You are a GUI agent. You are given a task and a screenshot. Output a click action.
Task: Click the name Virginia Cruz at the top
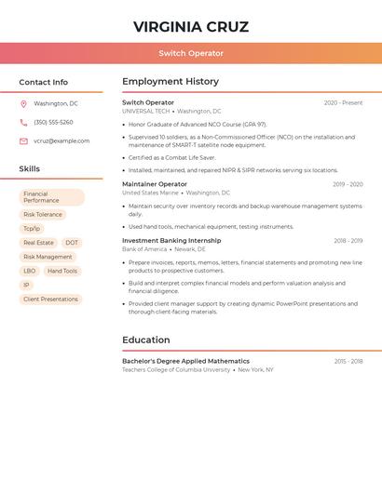191,26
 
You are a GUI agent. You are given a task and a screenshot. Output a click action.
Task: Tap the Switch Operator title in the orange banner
191,54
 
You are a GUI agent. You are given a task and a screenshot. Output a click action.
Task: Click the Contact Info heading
43,82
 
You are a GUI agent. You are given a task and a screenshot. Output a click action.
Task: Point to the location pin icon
23,104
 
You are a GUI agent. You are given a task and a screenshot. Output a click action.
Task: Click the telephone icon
23,123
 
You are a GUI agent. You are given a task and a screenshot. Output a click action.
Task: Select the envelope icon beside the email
23,141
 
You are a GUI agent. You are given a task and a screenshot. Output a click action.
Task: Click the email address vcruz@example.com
61,141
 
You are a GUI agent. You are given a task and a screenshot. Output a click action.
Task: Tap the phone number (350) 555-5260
53,123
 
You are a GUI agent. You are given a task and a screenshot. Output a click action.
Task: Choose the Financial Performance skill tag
51,197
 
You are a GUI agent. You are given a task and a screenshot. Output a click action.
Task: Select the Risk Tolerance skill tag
43,215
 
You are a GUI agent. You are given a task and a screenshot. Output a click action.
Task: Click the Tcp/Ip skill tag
32,229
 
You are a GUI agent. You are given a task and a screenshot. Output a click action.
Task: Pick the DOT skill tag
72,243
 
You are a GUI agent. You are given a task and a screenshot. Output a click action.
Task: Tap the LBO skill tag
30,271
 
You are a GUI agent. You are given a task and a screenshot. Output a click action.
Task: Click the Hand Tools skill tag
62,271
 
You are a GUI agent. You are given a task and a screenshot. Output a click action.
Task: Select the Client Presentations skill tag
50,300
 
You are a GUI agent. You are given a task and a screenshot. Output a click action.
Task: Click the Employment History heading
171,82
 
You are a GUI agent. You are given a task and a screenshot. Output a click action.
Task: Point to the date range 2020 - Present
343,103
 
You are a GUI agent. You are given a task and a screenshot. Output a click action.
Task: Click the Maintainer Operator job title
155,184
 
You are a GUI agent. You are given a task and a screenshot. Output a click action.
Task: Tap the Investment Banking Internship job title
171,241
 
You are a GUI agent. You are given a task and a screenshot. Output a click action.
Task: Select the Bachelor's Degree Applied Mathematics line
185,361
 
